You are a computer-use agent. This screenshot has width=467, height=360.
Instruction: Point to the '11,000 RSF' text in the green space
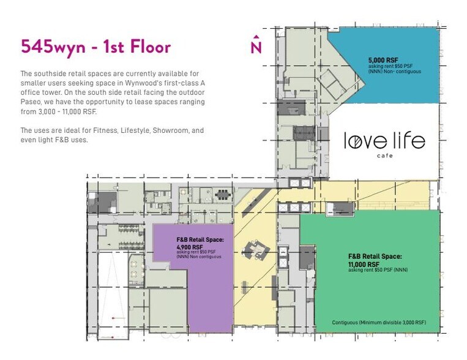365,264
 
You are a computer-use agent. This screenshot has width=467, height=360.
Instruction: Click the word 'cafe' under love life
384,156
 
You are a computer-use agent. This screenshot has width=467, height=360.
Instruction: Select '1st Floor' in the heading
135,47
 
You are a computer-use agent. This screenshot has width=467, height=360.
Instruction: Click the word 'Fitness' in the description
99,130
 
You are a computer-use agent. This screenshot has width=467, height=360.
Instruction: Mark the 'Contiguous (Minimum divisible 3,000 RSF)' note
379,322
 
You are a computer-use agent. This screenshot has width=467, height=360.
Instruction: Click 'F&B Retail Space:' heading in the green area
375,257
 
